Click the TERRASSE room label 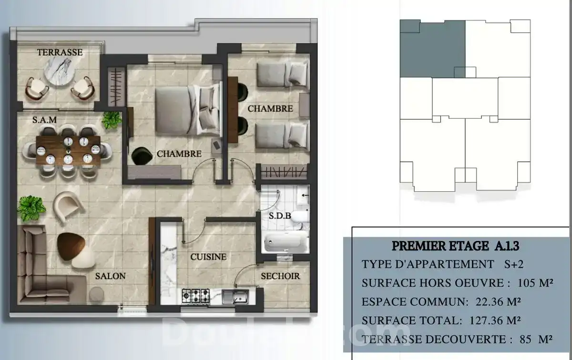coord(60,52)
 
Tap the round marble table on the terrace coord(60,71)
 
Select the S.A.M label coord(44,120)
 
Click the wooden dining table coord(68,151)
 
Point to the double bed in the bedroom coord(188,110)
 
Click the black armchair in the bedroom coord(142,156)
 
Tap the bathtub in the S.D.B coord(285,242)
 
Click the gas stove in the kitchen coord(195,296)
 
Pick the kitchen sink coord(235,297)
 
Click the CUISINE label coord(208,257)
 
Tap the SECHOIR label coord(280,276)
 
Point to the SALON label coord(110,276)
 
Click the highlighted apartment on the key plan coord(433,49)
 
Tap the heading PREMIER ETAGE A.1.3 coord(456,246)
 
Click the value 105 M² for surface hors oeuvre coord(535,283)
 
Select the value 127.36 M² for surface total coord(495,320)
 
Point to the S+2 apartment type coord(514,264)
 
